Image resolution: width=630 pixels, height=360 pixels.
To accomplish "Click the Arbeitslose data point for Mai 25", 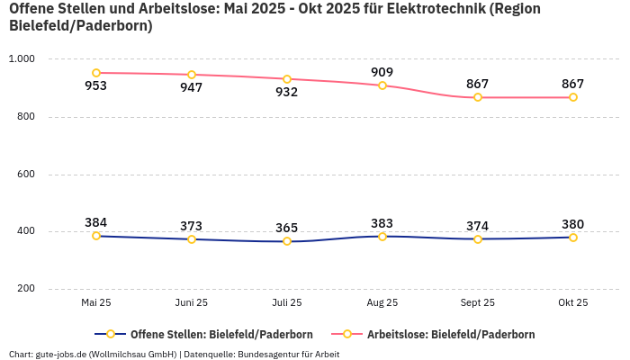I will (x=96, y=73).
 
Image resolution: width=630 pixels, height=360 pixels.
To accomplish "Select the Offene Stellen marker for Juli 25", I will (x=287, y=241).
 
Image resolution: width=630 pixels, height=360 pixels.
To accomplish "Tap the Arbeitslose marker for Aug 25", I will (x=382, y=85).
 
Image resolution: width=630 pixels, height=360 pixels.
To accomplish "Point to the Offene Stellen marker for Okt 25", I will (x=573, y=238).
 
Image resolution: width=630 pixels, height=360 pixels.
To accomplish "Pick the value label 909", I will (x=382, y=72).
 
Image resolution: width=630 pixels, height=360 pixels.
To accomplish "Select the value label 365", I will (x=287, y=228).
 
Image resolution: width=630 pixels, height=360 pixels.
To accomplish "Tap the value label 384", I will (x=96, y=222).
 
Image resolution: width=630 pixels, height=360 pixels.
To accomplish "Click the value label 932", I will (x=287, y=93).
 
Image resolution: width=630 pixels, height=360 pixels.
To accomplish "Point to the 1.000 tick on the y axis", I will (x=22, y=59).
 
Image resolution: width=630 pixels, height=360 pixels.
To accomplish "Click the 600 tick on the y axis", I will (x=25, y=175).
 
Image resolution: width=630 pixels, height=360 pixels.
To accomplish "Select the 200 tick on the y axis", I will (x=25, y=289).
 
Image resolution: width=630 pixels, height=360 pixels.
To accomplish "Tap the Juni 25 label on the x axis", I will (x=192, y=303).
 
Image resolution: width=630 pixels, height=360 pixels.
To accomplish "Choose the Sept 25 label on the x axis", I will (x=478, y=303).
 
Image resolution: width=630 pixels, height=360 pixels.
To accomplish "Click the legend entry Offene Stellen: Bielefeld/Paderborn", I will (x=203, y=334).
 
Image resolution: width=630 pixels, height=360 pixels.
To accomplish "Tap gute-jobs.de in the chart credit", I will (x=61, y=354).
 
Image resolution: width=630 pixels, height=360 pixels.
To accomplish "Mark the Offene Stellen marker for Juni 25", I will (x=192, y=239).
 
